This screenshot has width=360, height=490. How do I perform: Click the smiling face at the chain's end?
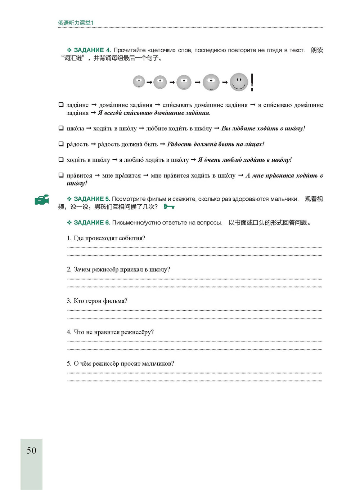point(239,82)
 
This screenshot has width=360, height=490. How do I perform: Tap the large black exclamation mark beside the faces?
point(252,82)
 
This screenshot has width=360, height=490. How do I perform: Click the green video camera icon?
point(42,200)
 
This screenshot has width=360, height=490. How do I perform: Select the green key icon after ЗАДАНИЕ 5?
point(169,206)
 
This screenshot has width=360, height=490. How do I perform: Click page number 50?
point(31,450)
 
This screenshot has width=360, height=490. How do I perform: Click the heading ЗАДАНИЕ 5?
point(92,199)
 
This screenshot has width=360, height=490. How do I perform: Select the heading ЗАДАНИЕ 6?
point(92,223)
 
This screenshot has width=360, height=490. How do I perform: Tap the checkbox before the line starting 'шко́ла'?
point(61,128)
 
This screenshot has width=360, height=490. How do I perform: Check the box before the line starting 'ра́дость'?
point(61,144)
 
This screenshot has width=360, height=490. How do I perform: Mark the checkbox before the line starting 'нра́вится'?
point(61,175)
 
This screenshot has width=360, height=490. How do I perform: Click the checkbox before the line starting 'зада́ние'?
point(61,104)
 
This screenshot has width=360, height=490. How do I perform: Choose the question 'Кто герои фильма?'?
point(100,301)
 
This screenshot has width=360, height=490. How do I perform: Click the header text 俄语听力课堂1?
point(76,23)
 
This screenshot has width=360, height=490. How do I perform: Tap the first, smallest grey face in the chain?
point(139,81)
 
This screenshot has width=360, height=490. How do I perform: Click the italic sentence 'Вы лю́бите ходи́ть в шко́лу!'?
point(263,128)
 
